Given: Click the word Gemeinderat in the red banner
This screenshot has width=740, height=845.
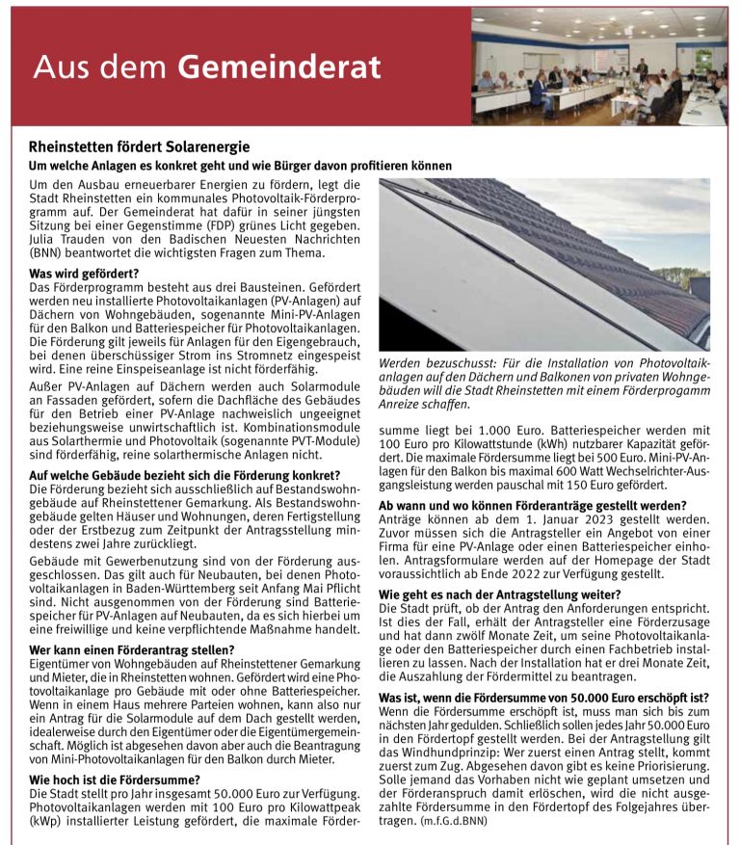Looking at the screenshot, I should click(279, 67).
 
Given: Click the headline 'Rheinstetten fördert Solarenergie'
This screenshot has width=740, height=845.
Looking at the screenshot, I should click(140, 147).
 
